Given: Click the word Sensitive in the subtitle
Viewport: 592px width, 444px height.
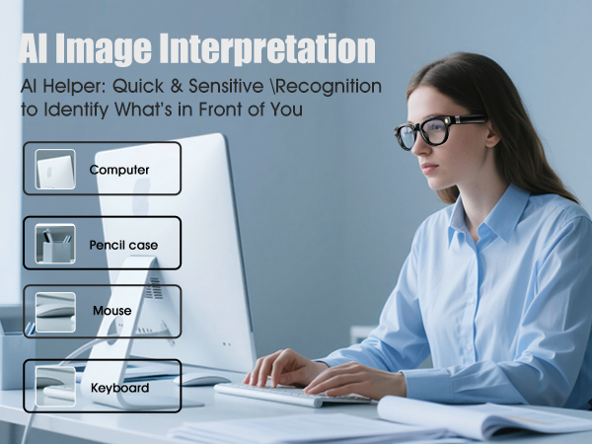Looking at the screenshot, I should tap(210, 87).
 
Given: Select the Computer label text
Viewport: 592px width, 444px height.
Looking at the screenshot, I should tap(119, 170).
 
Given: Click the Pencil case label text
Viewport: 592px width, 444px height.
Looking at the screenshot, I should tap(123, 244).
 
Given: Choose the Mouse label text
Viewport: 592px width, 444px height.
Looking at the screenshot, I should tap(111, 312).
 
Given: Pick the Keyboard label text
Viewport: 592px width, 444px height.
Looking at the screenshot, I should tap(119, 388).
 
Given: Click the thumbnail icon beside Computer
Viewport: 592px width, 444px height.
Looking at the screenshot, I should tap(55, 170).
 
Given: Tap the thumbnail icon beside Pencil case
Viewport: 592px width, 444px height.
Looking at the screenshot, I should tap(55, 244).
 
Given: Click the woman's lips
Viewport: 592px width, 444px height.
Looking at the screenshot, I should tap(414, 174).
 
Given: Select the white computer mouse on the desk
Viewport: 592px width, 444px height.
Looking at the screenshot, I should tap(202, 379).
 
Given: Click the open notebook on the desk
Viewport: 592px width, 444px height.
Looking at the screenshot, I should tap(483, 414).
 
